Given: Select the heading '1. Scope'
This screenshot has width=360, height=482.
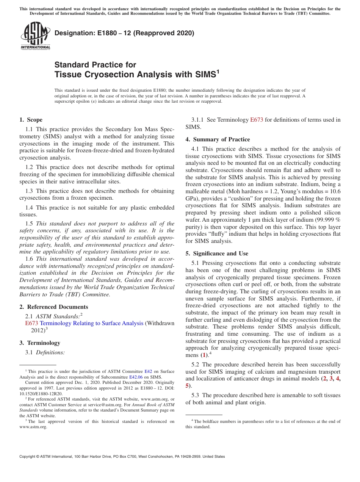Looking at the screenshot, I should pos(31,120).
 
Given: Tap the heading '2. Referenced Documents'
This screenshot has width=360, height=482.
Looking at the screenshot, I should pos(53,307).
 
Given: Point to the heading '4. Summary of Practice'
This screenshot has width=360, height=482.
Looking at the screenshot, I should pos(218,139).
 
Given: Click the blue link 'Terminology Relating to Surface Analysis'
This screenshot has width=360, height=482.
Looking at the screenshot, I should pos(91,323).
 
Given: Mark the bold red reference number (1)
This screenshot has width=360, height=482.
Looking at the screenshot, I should pos(204,355).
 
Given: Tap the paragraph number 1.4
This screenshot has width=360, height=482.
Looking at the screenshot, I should pos(29,208).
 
